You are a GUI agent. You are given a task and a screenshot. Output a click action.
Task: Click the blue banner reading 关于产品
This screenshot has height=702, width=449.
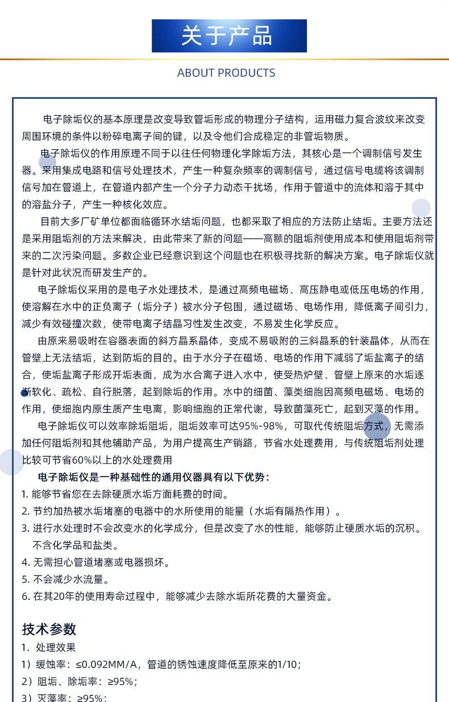pos(229,36)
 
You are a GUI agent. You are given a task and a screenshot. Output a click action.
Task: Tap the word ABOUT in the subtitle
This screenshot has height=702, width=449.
pos(196,73)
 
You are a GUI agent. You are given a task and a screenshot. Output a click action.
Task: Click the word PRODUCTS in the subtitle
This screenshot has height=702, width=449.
pos(246,73)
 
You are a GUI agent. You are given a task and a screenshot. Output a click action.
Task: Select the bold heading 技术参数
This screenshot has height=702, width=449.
pos(49,629)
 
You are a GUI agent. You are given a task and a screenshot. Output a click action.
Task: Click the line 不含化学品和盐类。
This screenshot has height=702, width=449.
pos(75,545)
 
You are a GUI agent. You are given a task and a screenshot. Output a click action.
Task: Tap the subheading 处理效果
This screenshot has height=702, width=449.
pos(56,647)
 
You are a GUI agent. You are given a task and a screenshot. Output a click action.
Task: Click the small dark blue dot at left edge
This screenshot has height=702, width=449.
pos(24,393)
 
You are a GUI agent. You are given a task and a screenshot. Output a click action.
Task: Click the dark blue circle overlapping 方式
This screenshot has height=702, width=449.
pos(377,427)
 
